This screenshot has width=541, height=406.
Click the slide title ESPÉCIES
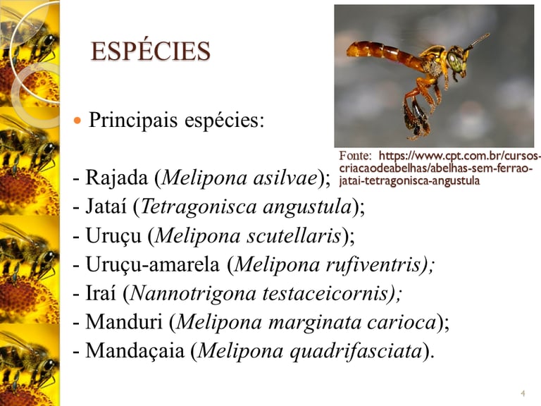pos(151,51)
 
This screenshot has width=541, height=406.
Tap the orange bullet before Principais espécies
pos(77,121)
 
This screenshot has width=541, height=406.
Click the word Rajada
pos(117,178)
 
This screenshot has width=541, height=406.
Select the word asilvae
pos(285,178)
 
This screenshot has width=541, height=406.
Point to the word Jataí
pos(106,207)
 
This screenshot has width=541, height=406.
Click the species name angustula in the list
pos(307,207)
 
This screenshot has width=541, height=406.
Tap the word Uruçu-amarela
pos(152,264)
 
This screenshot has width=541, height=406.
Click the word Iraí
pos(101,293)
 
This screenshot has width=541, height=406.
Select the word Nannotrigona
pos(194,294)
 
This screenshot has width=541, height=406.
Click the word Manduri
pos(124,321)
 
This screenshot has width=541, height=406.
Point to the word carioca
pos(402,322)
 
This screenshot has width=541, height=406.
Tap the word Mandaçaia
pos(135,351)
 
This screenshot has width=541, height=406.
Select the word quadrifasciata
pos(356,351)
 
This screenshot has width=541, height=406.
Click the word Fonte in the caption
pos(355,156)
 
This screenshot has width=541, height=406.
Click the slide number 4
pos(523,393)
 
